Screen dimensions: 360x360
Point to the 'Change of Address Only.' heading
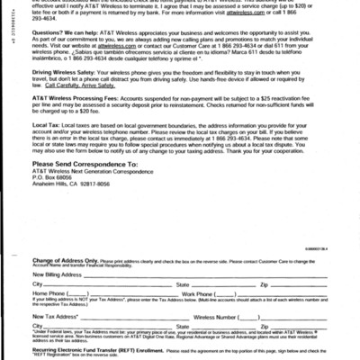click(70, 258)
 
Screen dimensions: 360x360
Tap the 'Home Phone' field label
click(50, 293)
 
